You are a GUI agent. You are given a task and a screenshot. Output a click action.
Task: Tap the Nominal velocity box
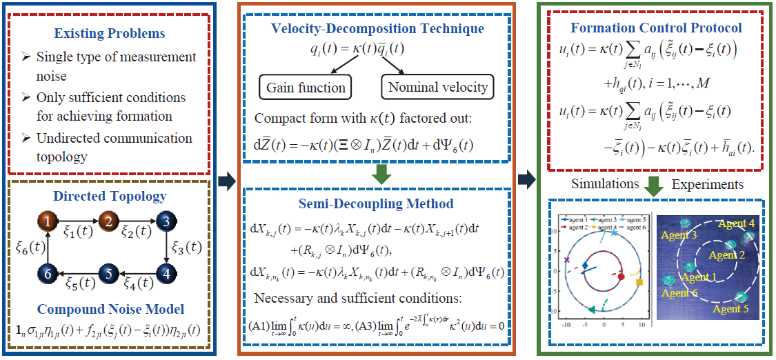[x=438, y=87]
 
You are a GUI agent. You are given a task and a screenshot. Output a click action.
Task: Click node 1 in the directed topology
[x=46, y=222]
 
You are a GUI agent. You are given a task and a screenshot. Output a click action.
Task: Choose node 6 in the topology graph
[x=46, y=274]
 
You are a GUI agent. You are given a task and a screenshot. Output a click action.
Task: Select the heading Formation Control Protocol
[x=656, y=28]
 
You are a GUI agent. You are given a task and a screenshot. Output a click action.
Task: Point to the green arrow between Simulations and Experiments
[x=657, y=185]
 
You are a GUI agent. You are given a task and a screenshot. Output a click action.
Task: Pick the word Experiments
[x=707, y=184]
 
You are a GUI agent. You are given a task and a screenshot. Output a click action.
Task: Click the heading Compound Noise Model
[x=110, y=309]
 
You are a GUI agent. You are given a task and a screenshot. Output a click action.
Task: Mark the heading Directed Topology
[x=110, y=196]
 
